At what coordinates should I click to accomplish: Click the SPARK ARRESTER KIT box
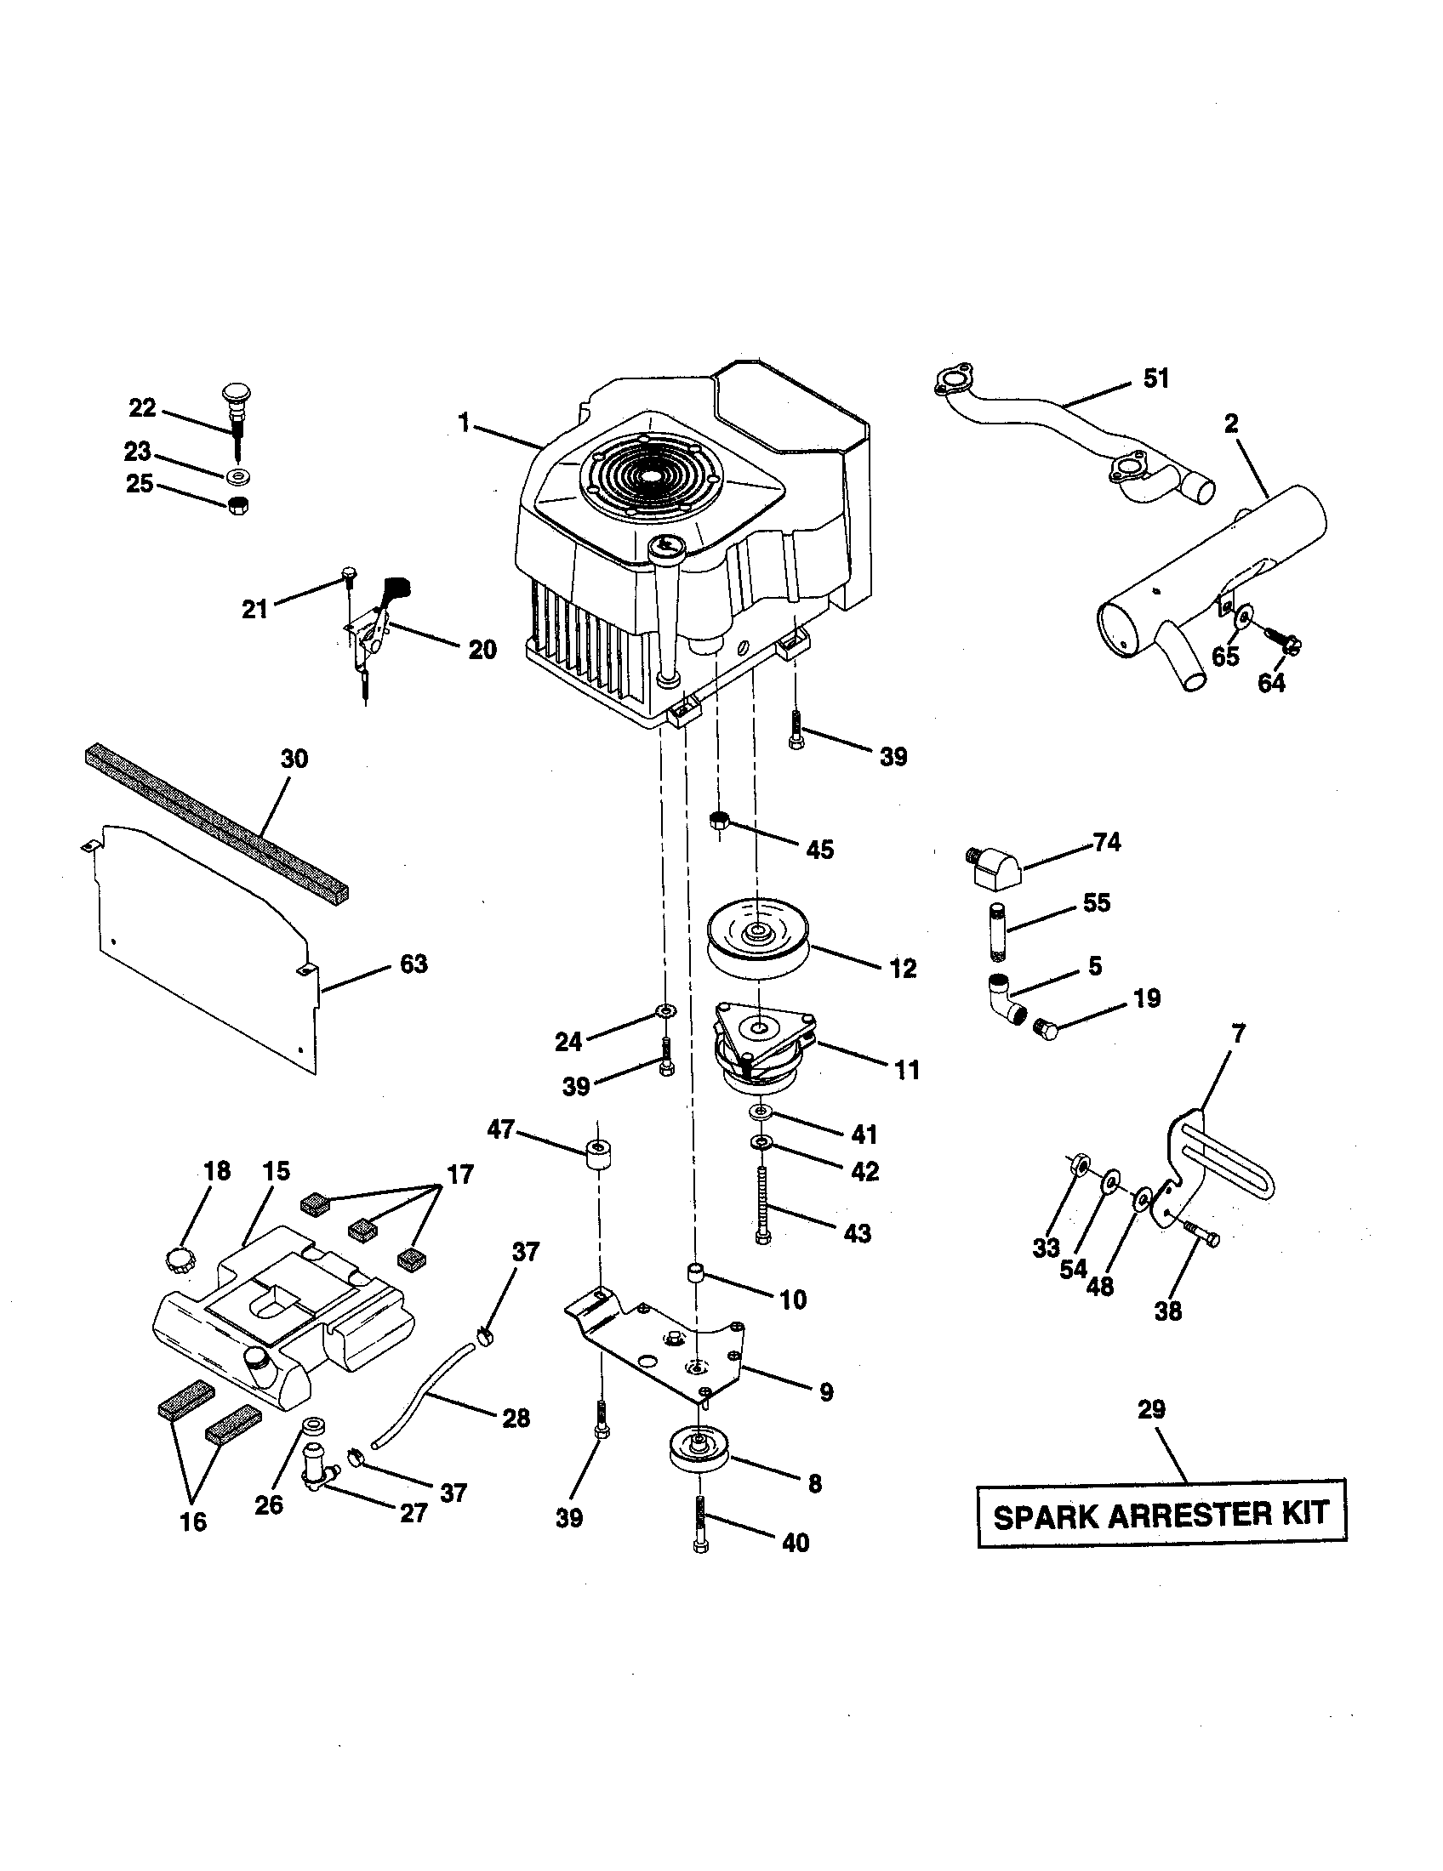pos(1161,1515)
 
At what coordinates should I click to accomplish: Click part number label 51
pos(1156,378)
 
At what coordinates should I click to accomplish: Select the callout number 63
pos(413,964)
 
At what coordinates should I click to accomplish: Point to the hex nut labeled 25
pos(239,505)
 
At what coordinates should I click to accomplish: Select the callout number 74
pos(1106,843)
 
